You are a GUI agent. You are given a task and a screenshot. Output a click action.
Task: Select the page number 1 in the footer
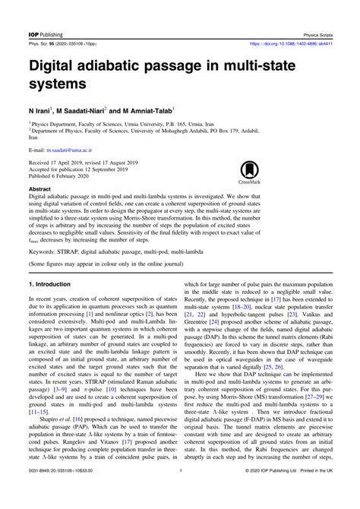coord(181,492)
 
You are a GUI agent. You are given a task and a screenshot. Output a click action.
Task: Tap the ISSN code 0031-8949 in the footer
coord(39,492)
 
